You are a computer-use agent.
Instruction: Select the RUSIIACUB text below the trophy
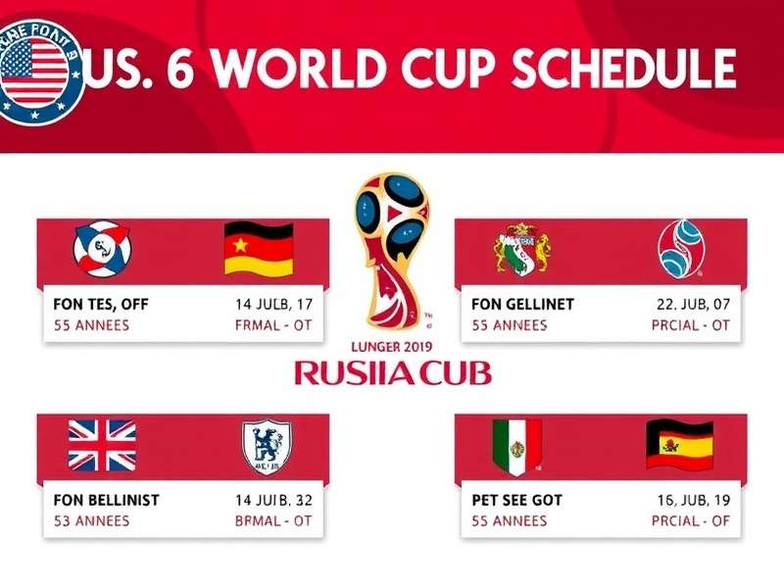click(x=393, y=372)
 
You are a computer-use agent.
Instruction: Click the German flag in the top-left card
click(x=259, y=249)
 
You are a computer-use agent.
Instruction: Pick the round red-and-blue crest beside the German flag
click(x=103, y=247)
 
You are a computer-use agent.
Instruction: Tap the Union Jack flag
click(x=102, y=445)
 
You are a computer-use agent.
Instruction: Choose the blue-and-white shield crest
click(x=267, y=447)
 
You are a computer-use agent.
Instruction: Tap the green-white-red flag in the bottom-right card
click(x=516, y=447)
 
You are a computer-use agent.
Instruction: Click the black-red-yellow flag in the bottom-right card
click(x=678, y=446)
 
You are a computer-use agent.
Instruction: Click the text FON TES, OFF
click(x=102, y=305)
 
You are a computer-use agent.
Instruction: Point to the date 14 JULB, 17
click(x=274, y=305)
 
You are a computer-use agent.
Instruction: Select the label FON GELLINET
click(x=522, y=305)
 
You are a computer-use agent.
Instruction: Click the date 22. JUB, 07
click(x=692, y=305)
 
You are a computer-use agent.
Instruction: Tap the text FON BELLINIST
click(x=107, y=500)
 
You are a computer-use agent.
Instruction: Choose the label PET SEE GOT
click(x=517, y=500)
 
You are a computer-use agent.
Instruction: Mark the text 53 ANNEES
click(x=91, y=521)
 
